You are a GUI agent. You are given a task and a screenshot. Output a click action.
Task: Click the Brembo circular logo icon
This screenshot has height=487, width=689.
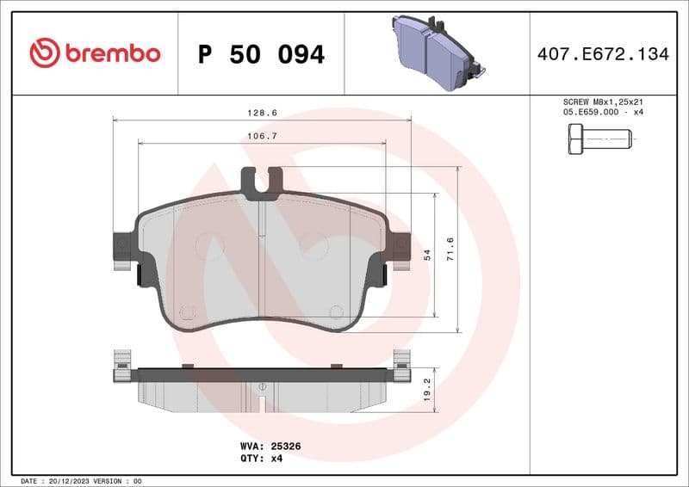44,53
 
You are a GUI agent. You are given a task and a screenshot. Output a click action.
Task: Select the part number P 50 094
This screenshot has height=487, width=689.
261,54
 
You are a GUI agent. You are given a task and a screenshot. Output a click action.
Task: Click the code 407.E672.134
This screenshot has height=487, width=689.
602,54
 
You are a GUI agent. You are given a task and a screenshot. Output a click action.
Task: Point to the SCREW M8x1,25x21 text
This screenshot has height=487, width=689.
602,102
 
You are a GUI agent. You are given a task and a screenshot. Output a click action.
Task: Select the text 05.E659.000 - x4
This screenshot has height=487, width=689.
602,113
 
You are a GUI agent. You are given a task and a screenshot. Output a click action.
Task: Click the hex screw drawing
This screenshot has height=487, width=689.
599,139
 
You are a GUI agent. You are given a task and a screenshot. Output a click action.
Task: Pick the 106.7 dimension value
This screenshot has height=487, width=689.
263,135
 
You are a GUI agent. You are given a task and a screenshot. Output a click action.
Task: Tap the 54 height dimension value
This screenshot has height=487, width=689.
426,256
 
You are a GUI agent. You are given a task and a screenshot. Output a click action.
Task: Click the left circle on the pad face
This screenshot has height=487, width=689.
209,246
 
